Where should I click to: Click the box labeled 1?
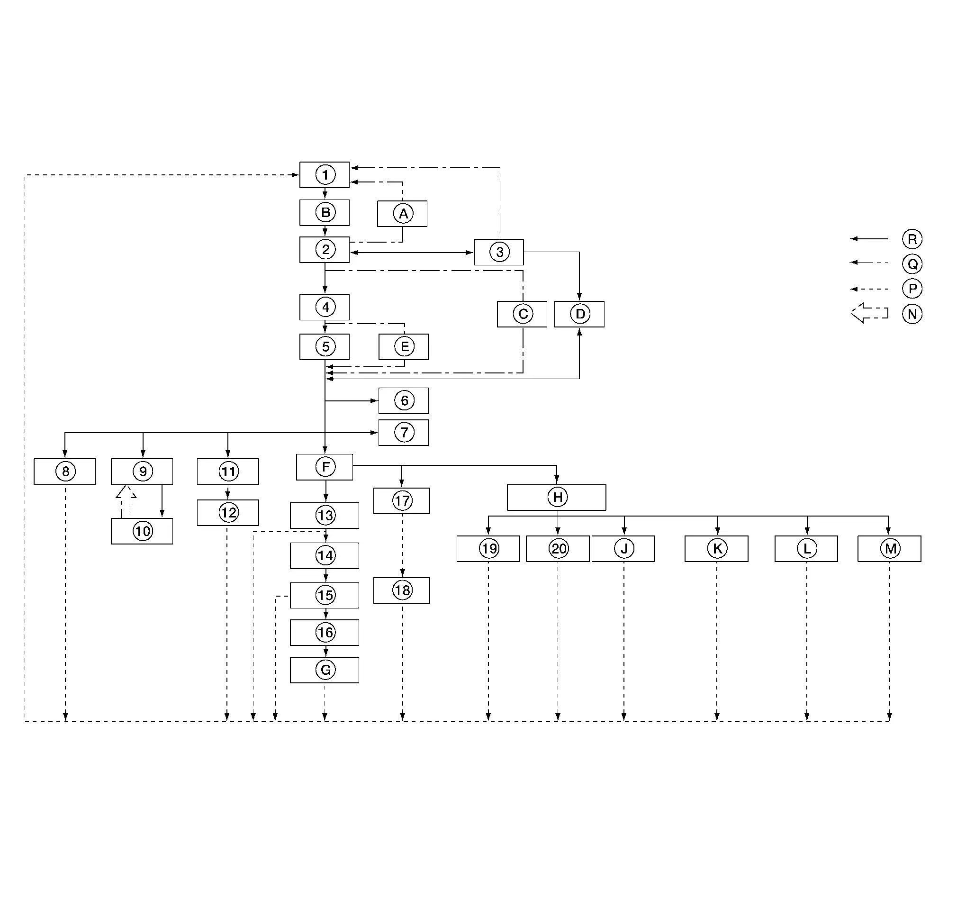click(325, 174)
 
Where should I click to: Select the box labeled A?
click(402, 214)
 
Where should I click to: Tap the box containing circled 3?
click(498, 252)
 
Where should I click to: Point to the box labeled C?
click(522, 314)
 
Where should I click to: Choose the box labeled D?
click(579, 314)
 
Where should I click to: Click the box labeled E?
click(404, 347)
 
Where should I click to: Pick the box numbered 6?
click(404, 401)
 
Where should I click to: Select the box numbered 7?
click(404, 433)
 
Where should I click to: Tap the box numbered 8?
click(65, 472)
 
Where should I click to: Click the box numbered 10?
click(142, 531)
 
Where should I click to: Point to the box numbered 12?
click(228, 512)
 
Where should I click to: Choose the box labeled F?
click(325, 467)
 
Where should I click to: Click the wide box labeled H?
click(556, 497)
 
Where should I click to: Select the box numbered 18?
click(402, 590)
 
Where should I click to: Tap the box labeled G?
click(325, 670)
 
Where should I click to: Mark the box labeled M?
click(889, 549)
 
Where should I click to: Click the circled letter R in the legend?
click(912, 239)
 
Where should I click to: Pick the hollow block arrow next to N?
click(869, 313)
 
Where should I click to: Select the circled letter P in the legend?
click(912, 289)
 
